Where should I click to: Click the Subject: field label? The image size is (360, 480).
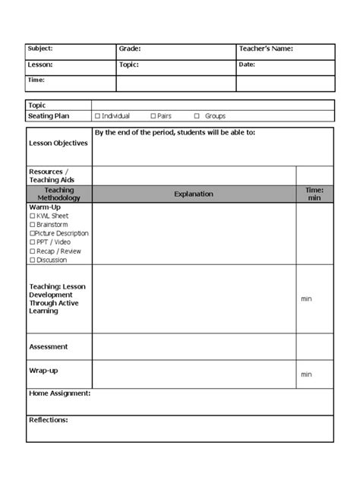(40, 49)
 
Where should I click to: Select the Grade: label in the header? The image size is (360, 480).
(130, 49)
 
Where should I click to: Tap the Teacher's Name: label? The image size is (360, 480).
(266, 49)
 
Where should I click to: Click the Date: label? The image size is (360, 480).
(247, 65)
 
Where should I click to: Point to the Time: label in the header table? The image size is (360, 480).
(36, 80)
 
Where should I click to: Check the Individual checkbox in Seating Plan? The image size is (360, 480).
(97, 116)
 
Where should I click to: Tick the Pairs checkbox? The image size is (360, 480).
(153, 116)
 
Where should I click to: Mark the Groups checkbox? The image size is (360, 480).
(197, 116)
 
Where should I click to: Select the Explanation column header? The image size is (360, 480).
(194, 194)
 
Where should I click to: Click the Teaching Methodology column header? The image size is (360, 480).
(58, 194)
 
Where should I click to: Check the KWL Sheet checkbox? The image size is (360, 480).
(32, 216)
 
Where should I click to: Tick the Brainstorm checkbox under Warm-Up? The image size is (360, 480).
(32, 225)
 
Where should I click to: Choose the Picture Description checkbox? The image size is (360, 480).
(32, 234)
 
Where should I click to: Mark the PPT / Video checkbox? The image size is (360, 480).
(32, 242)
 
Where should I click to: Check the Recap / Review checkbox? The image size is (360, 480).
(32, 251)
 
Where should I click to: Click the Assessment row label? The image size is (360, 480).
(49, 347)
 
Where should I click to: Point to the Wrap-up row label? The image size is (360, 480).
(43, 371)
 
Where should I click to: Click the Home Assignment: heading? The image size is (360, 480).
(60, 393)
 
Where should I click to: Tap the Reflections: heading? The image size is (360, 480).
(49, 420)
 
